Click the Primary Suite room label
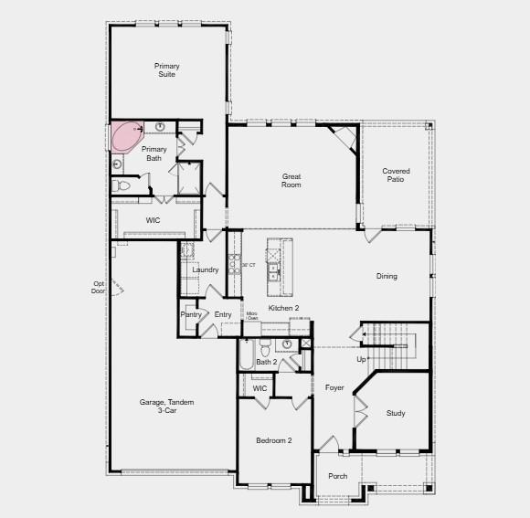click(166, 70)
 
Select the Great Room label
click(291, 180)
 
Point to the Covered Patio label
click(396, 174)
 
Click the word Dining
click(387, 276)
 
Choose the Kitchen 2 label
click(283, 309)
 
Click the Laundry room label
click(206, 270)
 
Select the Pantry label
click(191, 314)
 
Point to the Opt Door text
click(99, 287)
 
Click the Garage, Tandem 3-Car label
click(166, 407)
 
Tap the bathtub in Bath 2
click(246, 355)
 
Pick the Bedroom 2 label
click(273, 441)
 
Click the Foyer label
click(334, 388)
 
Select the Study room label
click(395, 414)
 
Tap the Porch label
click(337, 476)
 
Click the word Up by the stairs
click(361, 359)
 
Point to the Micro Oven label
click(252, 316)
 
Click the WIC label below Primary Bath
click(154, 220)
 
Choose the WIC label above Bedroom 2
click(260, 388)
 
